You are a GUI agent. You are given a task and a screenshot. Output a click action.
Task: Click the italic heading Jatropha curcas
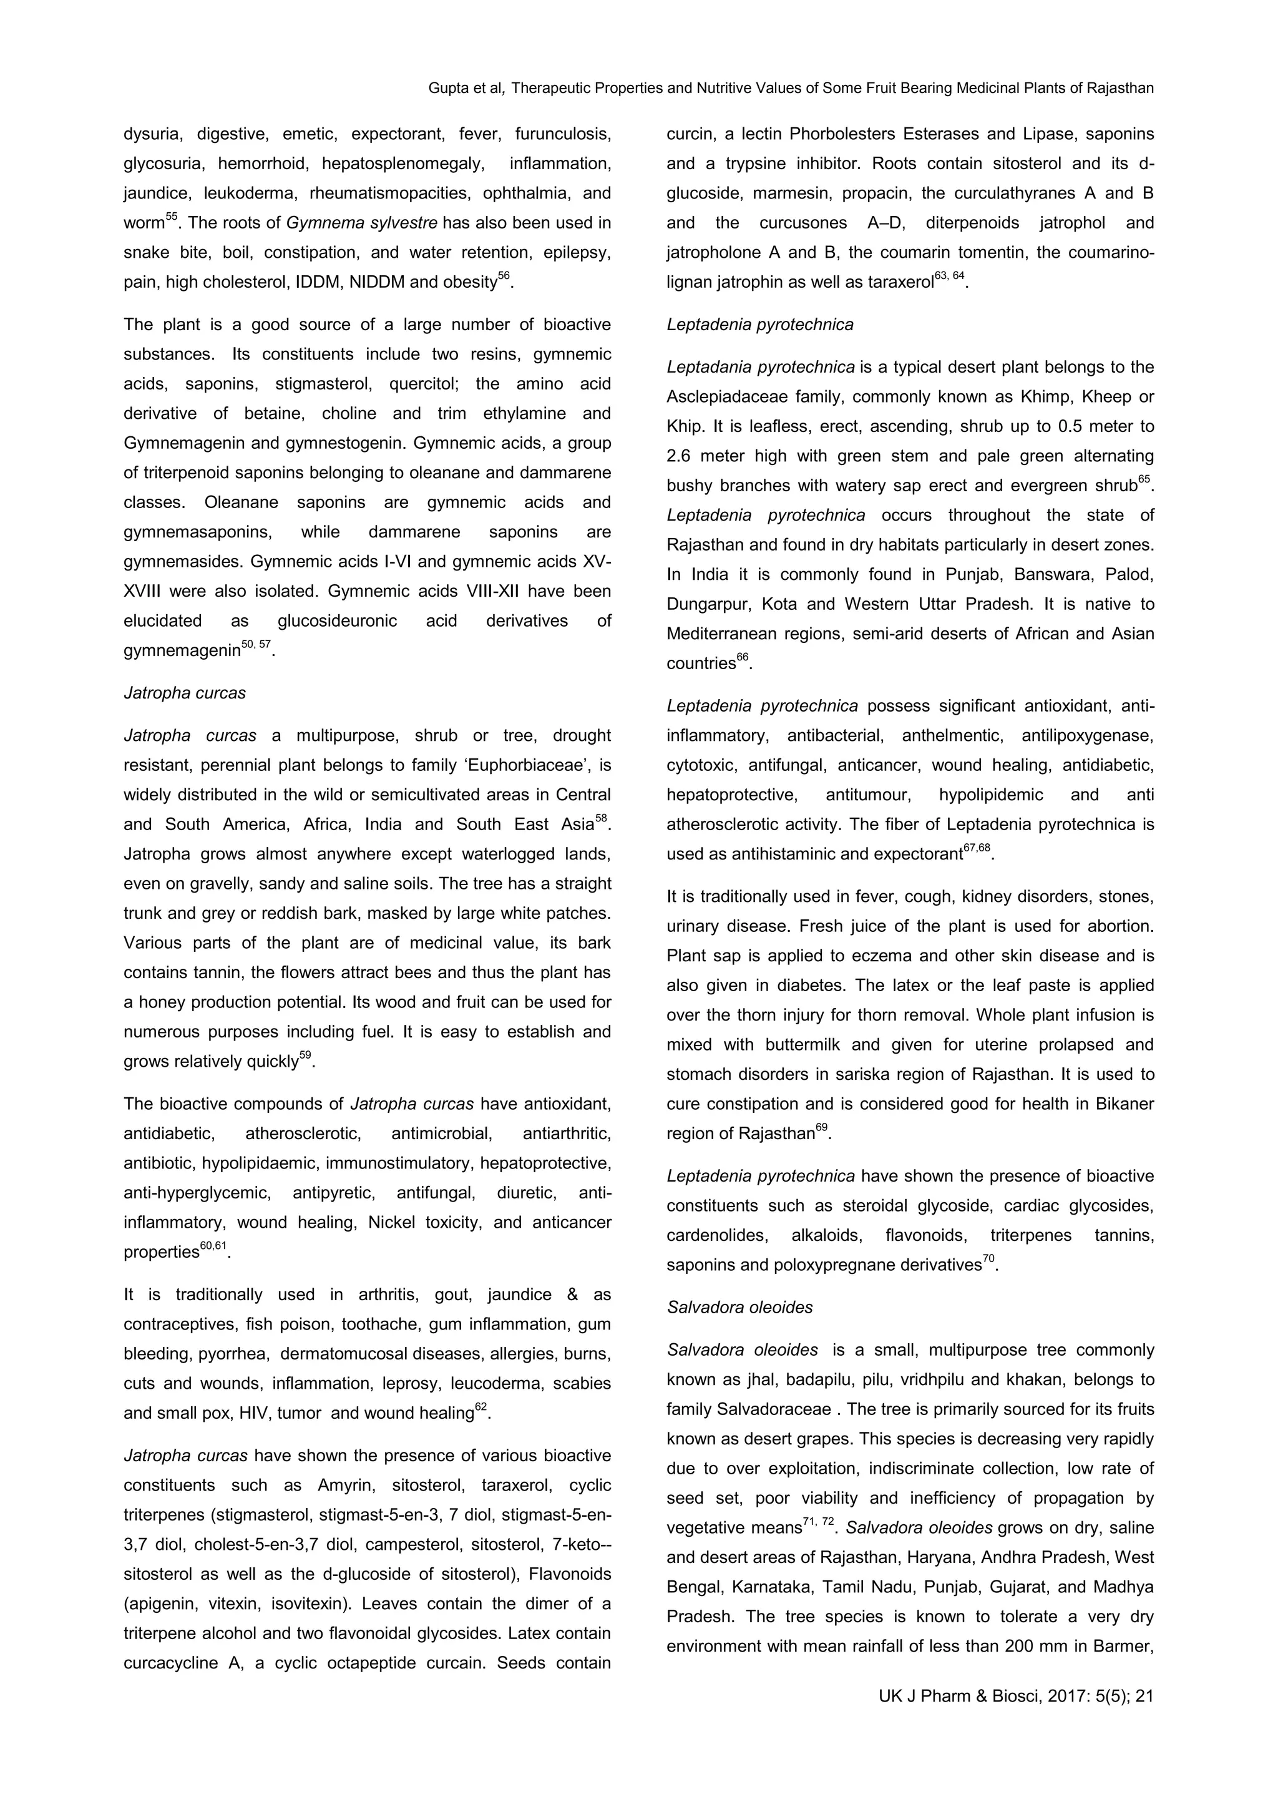pos(184,693)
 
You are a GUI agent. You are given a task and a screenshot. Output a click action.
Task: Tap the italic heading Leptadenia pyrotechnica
pos(759,324)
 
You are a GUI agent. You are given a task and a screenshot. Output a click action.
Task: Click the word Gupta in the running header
pos(446,88)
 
